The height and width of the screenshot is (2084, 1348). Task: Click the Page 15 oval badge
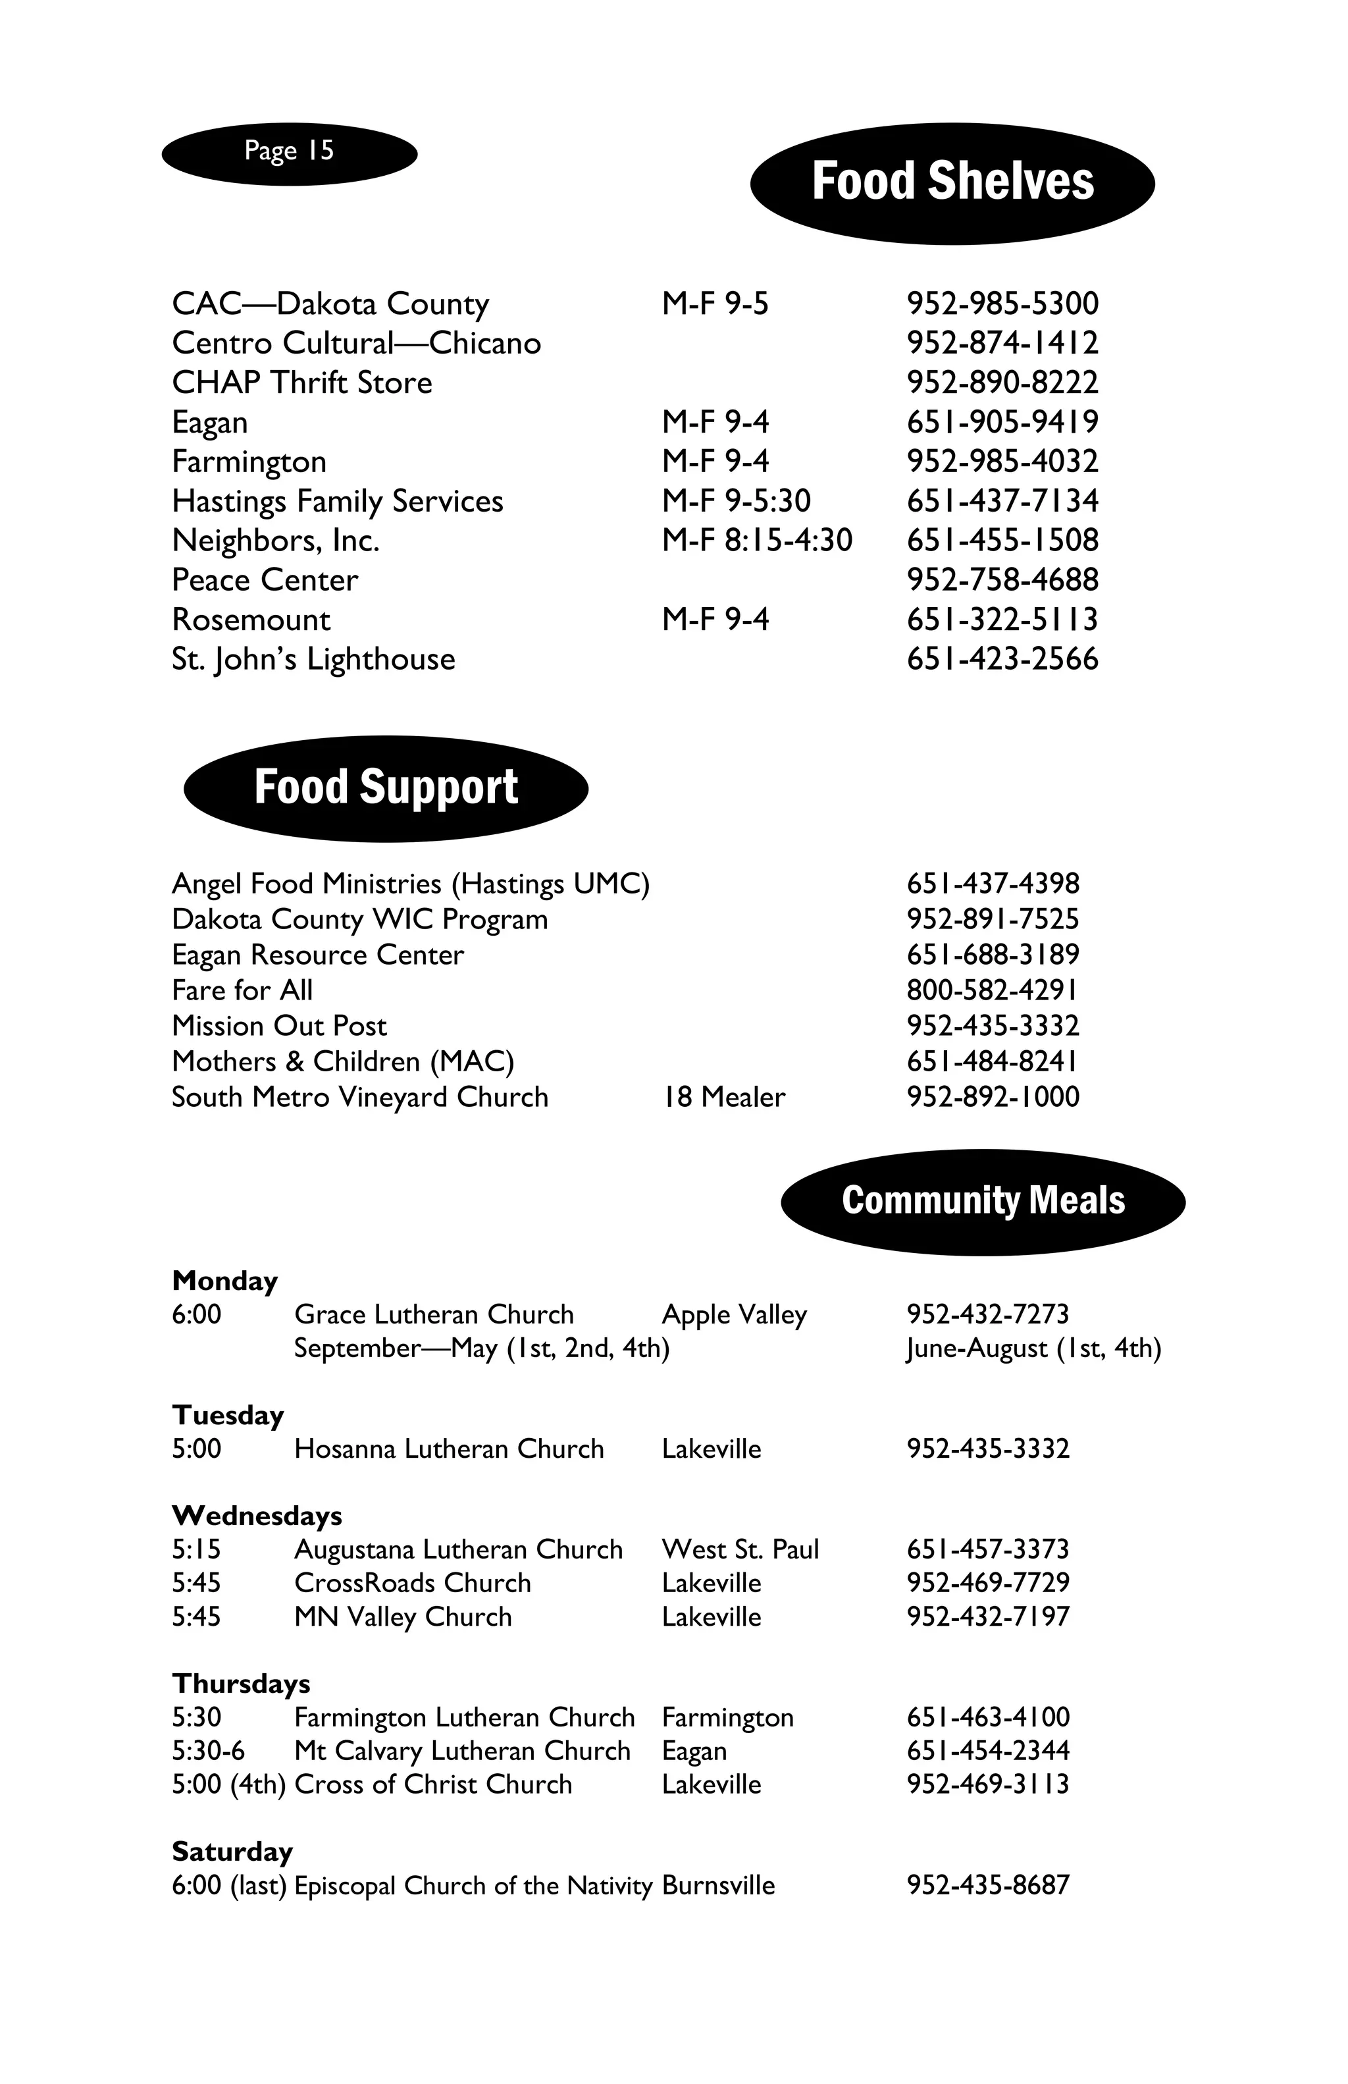click(x=289, y=153)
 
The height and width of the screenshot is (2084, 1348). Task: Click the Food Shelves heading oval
click(x=952, y=182)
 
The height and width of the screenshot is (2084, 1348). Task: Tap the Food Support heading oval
click(x=385, y=788)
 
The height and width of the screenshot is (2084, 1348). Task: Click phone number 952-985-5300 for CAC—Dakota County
click(x=1002, y=304)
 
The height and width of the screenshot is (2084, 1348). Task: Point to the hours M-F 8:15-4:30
click(x=756, y=541)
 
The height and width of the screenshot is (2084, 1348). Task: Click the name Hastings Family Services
click(x=337, y=501)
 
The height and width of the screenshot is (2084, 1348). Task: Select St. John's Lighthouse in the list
click(x=313, y=659)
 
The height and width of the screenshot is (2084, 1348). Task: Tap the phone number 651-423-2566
click(x=1002, y=659)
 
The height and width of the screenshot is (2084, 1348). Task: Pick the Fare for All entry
click(x=242, y=990)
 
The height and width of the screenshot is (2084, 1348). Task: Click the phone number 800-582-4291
click(x=992, y=990)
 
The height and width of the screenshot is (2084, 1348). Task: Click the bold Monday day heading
click(x=225, y=1281)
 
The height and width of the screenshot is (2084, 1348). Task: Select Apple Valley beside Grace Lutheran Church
click(x=733, y=1315)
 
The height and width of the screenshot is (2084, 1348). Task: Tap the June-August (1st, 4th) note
click(x=1033, y=1349)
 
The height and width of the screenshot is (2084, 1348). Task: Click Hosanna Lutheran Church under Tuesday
click(x=448, y=1449)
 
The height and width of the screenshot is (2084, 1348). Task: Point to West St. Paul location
click(x=740, y=1550)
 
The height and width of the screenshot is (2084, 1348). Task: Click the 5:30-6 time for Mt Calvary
click(x=209, y=1751)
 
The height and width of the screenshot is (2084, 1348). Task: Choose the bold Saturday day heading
click(x=232, y=1852)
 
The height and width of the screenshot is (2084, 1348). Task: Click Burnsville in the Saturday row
click(x=717, y=1885)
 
